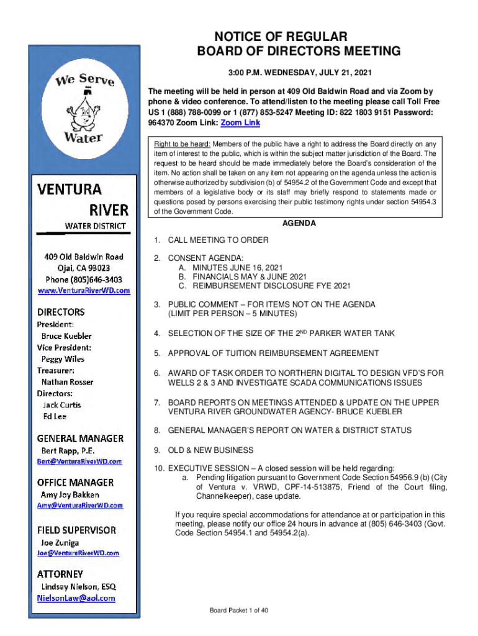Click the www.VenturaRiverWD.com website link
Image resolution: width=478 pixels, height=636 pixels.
pyautogui.click(x=84, y=290)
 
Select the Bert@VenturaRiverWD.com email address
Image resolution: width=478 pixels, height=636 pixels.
pyautogui.click(x=79, y=461)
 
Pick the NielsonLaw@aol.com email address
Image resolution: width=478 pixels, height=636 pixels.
pyautogui.click(x=76, y=597)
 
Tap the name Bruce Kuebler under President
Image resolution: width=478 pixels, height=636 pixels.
pyautogui.click(x=66, y=336)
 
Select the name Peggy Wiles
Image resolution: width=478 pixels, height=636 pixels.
pyautogui.click(x=63, y=359)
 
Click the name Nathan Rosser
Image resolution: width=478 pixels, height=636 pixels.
pyautogui.click(x=67, y=382)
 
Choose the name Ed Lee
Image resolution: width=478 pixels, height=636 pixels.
pyautogui.click(x=54, y=416)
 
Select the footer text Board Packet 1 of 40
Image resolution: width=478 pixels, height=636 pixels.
pyautogui.click(x=239, y=611)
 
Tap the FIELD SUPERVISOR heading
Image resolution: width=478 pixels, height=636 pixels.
pyautogui.click(x=76, y=530)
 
